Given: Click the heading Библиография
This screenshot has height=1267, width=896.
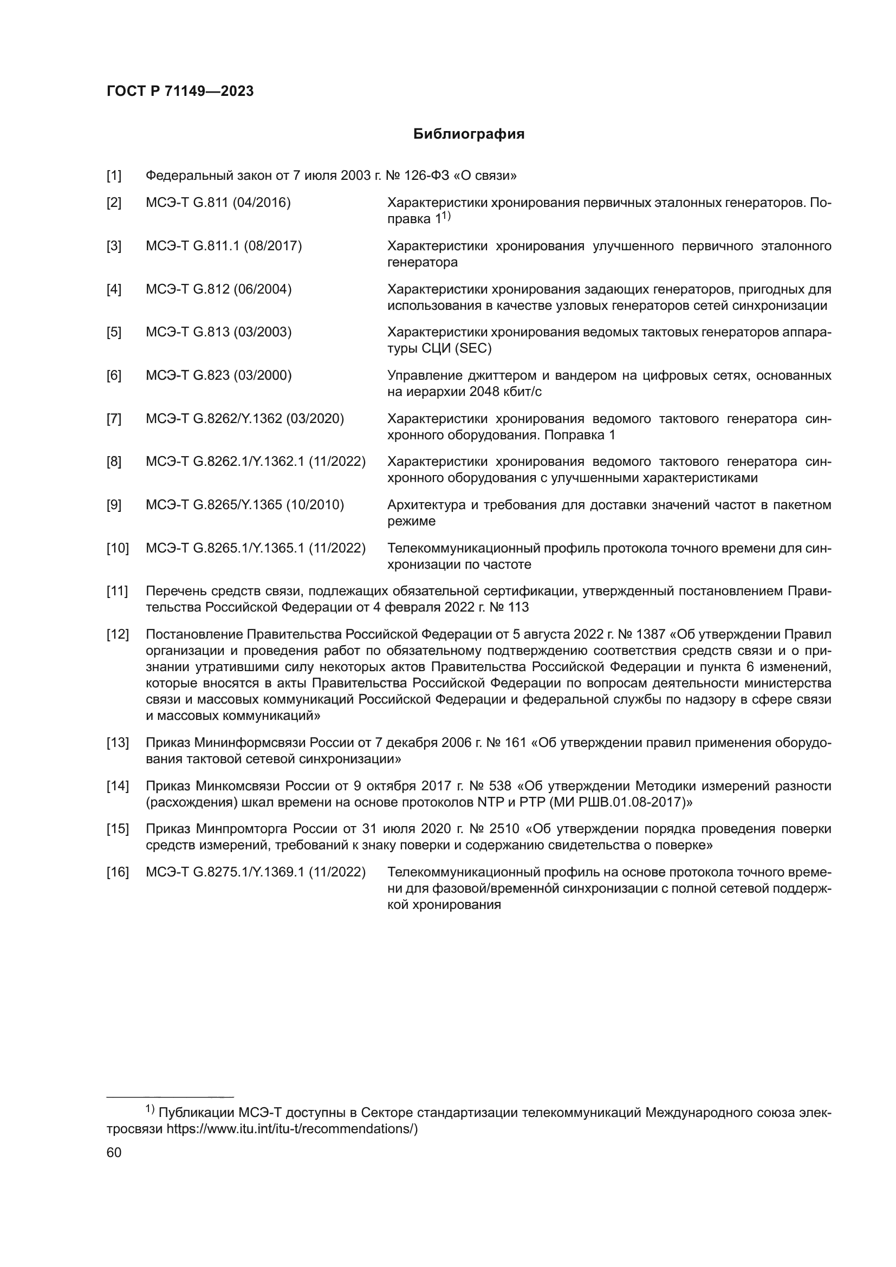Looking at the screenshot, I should coord(469,134).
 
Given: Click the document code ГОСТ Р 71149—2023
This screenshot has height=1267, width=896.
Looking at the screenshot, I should coord(180,92).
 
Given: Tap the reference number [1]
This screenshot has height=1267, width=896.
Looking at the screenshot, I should coord(114,176).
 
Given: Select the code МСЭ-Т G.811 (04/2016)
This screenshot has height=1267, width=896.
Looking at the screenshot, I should coord(218,203).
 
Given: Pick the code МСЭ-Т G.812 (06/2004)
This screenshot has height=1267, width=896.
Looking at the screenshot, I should coord(218,289).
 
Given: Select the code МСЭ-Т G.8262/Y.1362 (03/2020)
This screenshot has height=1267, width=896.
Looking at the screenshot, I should coord(244,419).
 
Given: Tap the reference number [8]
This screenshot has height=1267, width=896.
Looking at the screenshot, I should coord(114,462).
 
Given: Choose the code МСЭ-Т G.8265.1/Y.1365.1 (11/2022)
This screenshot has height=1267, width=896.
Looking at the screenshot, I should coord(256,549).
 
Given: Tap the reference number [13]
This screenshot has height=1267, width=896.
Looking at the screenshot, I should coord(117,743).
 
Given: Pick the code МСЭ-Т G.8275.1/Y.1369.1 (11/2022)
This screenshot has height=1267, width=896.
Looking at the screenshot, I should coord(256,873).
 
